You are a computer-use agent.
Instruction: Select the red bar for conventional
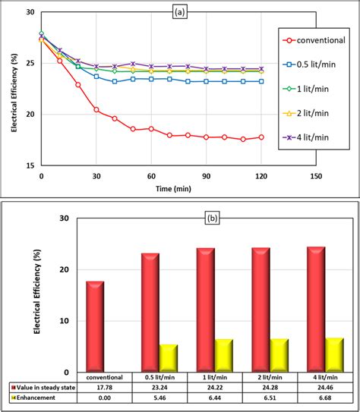click(95, 327)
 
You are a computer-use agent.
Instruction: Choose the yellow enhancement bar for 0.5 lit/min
click(169, 358)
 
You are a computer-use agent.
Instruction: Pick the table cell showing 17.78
click(106, 387)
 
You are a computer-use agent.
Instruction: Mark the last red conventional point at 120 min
click(261, 137)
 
